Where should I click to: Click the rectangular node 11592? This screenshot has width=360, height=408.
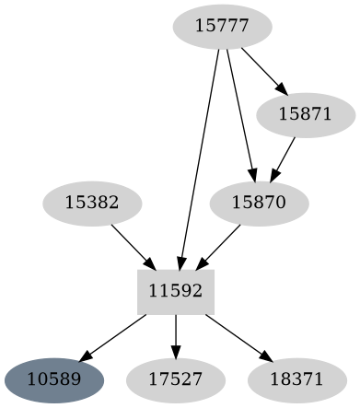pyautogui.click(x=176, y=291)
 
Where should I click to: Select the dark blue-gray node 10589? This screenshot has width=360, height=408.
pyautogui.click(x=54, y=379)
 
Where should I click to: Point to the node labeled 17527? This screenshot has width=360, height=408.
pyautogui.click(x=176, y=379)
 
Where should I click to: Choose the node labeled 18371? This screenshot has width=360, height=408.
pyautogui.click(x=297, y=379)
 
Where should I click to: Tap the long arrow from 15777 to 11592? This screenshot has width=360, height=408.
pyautogui.click(x=201, y=157)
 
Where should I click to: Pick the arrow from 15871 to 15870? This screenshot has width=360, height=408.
pyautogui.click(x=282, y=158)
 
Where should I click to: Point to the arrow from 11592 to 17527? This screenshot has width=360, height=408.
pyautogui.click(x=176, y=335)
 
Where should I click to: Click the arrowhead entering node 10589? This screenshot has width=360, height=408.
pyautogui.click(x=86, y=356)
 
